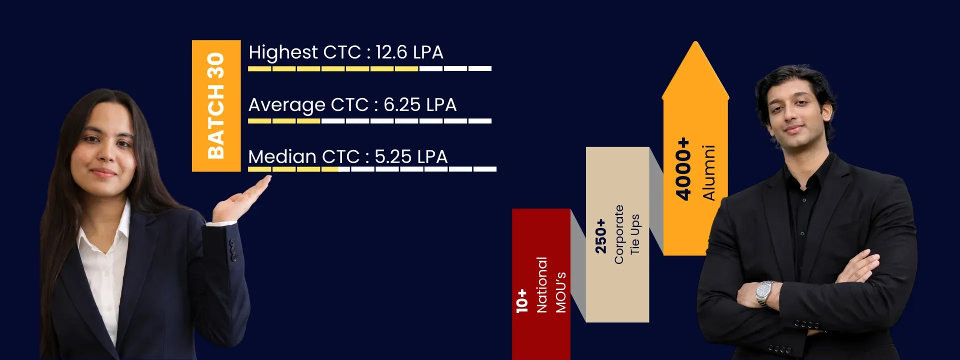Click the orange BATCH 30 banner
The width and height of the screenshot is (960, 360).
click(x=216, y=105)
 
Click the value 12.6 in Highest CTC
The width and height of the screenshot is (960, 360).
click(x=391, y=52)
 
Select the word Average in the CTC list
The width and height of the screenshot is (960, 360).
click(x=287, y=105)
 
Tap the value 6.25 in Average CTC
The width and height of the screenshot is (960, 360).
click(x=402, y=105)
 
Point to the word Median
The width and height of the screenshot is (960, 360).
click(x=282, y=157)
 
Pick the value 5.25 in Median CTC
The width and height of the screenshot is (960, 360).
click(x=393, y=157)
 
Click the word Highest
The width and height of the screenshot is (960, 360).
click(x=283, y=52)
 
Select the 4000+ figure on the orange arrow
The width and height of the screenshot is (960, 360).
click(x=683, y=169)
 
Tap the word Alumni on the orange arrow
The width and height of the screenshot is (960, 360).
click(x=709, y=172)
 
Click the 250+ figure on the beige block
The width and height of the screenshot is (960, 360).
click(x=600, y=236)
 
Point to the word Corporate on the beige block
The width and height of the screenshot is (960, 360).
click(x=619, y=234)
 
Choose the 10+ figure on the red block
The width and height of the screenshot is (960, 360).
click(x=521, y=300)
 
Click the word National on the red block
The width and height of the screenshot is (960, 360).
click(x=541, y=285)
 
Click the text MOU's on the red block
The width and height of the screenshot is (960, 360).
click(x=561, y=292)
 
